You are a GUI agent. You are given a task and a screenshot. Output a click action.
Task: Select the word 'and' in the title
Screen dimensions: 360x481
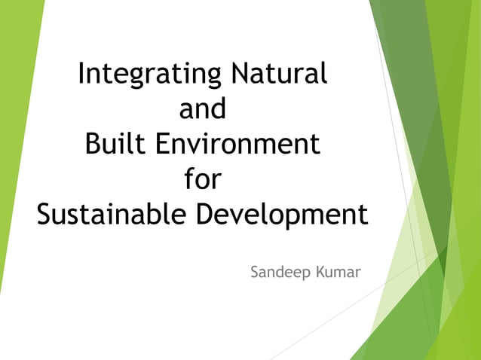(x=203, y=110)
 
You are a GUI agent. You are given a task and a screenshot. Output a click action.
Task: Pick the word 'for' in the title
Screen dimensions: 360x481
(x=203, y=180)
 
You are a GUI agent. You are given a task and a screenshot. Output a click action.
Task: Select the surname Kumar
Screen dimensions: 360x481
(x=339, y=272)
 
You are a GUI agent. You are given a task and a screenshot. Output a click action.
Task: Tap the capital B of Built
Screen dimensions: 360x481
(x=93, y=144)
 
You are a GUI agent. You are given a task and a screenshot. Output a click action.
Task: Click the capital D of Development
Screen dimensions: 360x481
(x=207, y=215)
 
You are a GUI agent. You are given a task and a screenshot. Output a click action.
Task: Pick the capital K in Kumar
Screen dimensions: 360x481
(x=321, y=272)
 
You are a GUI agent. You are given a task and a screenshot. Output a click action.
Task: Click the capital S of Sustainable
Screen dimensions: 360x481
(x=45, y=215)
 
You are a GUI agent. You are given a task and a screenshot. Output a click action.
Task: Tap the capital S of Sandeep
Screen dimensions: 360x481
(x=255, y=272)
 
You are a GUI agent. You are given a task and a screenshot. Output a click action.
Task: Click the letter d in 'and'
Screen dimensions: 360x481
(x=218, y=109)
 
